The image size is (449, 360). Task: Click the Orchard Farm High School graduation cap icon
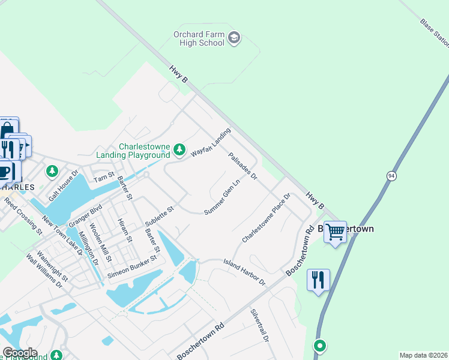[234, 40]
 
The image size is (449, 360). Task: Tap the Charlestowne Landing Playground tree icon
[179, 149]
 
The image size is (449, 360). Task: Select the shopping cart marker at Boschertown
[335, 231]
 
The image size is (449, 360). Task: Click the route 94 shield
[391, 175]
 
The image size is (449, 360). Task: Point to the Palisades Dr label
[243, 166]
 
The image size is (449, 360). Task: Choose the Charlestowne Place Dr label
[266, 218]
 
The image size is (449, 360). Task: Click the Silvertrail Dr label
[260, 326]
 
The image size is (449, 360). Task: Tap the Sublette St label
[159, 217]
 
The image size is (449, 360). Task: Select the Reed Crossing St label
[22, 214]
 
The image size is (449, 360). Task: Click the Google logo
[20, 353]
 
